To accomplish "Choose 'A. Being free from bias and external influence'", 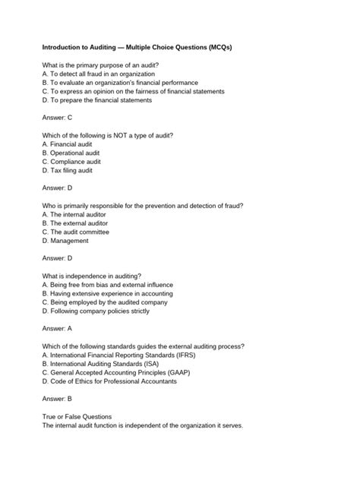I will [107, 285].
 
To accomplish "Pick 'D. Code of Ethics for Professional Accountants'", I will [109, 381].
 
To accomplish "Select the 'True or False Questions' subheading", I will [77, 416].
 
